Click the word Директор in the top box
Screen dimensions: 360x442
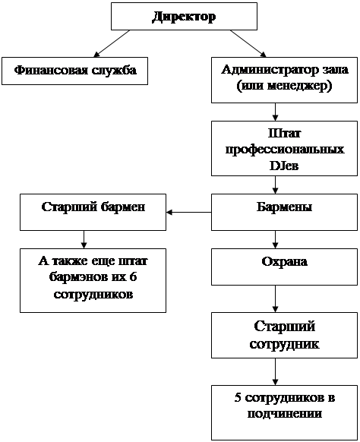(x=184, y=17)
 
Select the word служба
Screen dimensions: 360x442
(x=114, y=70)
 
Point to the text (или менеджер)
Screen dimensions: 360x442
(x=284, y=86)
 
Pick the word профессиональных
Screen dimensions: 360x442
(x=285, y=150)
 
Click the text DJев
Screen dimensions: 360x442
(x=284, y=166)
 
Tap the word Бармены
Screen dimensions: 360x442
(x=284, y=207)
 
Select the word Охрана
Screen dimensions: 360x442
(x=284, y=261)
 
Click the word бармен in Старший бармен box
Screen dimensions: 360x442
(x=123, y=207)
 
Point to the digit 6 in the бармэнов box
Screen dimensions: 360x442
(x=133, y=277)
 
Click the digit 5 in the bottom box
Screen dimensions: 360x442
(x=238, y=398)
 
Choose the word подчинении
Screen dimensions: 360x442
(x=285, y=414)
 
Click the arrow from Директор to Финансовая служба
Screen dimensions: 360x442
(x=112, y=43)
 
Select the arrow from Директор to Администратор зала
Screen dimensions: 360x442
(x=248, y=43)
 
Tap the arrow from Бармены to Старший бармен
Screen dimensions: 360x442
(x=189, y=212)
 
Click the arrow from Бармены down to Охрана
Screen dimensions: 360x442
(x=276, y=239)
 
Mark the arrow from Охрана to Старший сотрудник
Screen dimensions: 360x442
(x=276, y=298)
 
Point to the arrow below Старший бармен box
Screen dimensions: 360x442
(x=84, y=239)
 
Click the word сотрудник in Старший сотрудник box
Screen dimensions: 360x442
(x=284, y=344)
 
